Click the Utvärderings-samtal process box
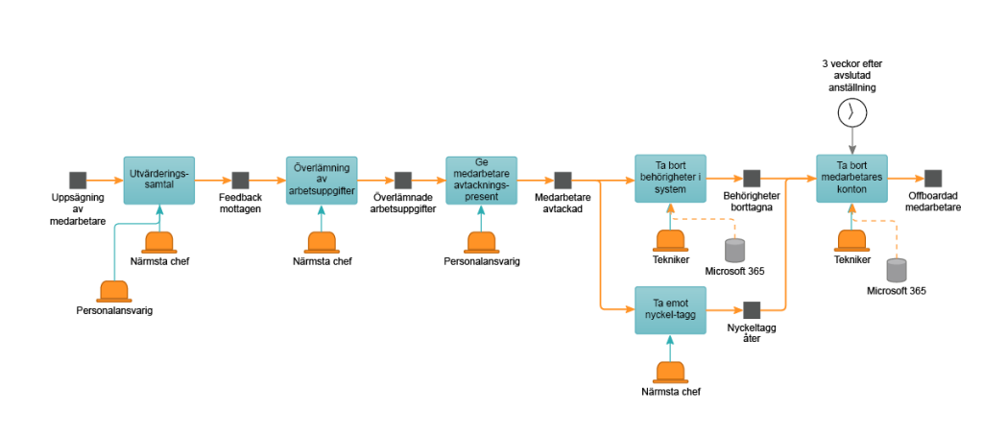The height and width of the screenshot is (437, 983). point(159,180)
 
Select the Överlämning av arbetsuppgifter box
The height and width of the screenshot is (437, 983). point(322,180)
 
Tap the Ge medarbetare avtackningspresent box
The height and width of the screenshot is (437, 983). point(481,180)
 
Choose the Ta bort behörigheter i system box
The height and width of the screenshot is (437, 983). point(670,178)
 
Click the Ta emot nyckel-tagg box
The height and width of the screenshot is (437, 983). point(670,309)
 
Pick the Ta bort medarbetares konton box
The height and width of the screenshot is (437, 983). point(851,178)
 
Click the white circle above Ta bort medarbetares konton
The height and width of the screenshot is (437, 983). point(851,113)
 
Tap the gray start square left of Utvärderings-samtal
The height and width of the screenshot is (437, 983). point(78,180)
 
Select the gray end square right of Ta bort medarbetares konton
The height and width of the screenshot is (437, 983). point(932,179)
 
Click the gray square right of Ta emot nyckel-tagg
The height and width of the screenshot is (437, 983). point(752,310)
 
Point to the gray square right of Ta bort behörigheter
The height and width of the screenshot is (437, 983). point(752,178)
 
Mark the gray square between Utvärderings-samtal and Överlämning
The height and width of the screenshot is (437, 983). point(240,180)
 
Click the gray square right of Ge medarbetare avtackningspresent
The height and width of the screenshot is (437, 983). point(563,180)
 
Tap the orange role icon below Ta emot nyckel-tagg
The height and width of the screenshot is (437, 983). point(670,373)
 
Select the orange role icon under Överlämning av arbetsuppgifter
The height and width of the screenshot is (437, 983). point(322,242)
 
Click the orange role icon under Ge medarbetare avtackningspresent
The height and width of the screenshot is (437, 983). point(481,242)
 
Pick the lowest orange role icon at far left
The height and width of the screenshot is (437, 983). point(114,290)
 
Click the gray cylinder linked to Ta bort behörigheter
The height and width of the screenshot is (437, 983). point(734,251)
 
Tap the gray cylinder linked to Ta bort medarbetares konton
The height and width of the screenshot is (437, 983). point(896,270)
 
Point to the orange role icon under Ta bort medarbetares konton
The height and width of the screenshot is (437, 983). point(851,240)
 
